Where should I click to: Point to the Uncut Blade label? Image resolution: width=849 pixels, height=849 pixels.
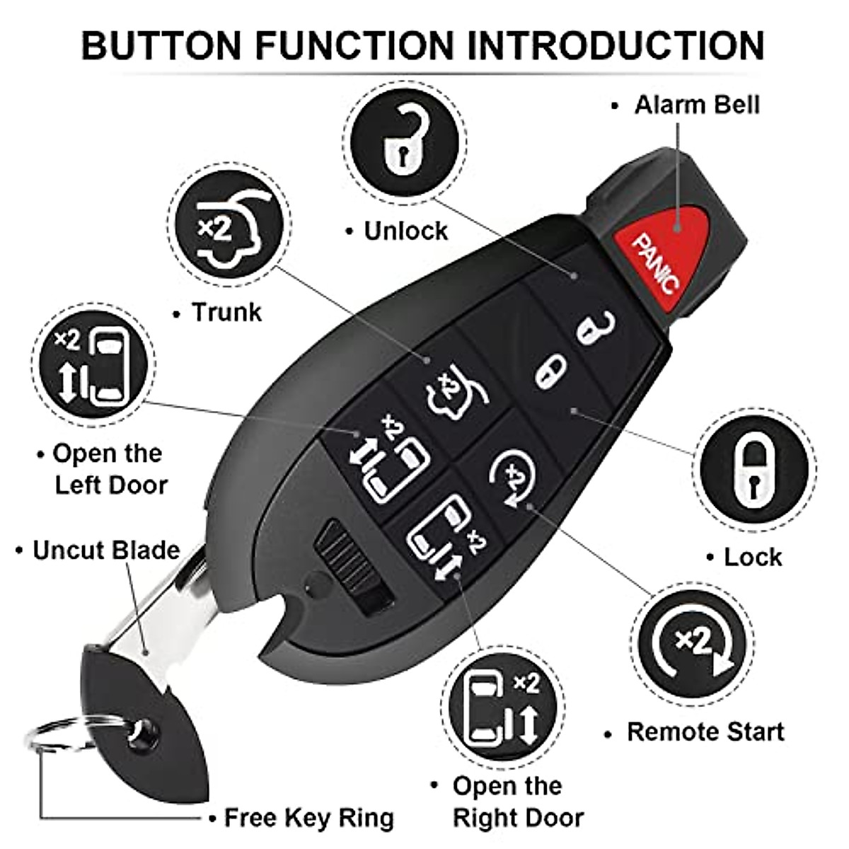point(106,550)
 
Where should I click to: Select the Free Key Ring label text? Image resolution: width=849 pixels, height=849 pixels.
point(308,818)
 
